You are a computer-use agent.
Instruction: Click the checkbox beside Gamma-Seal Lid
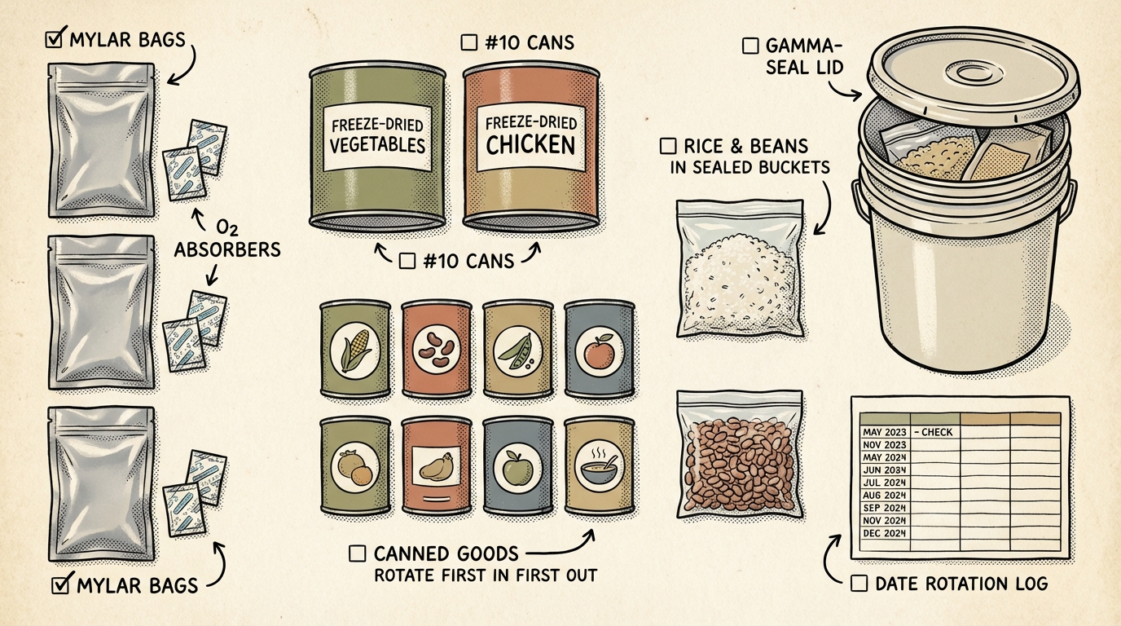tap(751, 46)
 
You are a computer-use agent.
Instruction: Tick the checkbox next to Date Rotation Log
tap(858, 584)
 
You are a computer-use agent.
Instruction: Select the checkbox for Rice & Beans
tap(668, 147)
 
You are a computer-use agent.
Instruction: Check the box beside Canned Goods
tap(357, 553)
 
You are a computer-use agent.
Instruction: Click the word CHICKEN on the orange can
tap(530, 146)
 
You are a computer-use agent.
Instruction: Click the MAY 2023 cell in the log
tap(883, 432)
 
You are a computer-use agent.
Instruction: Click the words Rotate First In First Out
tap(485, 575)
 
